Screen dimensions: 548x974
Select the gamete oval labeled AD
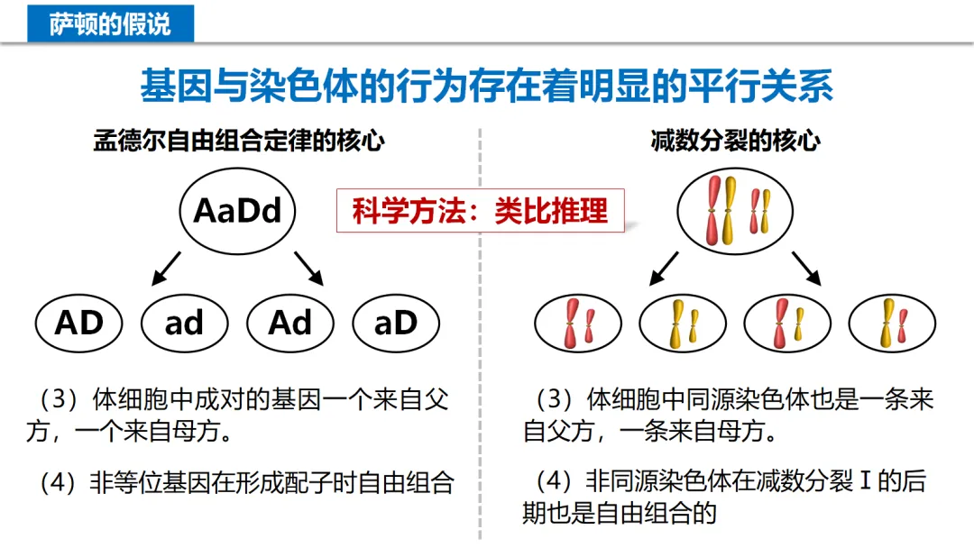click(x=80, y=323)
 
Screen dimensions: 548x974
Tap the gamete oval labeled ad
click(x=185, y=323)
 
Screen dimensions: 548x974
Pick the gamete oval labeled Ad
click(x=289, y=323)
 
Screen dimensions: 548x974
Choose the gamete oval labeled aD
click(x=395, y=323)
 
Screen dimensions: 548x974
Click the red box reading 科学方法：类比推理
click(x=480, y=210)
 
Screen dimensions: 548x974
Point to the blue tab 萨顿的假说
click(x=110, y=22)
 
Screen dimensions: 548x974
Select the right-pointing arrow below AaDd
click(x=308, y=268)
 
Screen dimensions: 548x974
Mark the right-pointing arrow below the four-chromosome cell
click(x=807, y=268)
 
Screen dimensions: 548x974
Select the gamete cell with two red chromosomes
click(x=578, y=323)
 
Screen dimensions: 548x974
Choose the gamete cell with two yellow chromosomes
click(x=683, y=323)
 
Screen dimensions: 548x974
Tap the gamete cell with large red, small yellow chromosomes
click(x=787, y=323)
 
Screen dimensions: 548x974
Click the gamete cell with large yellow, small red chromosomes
click(x=892, y=323)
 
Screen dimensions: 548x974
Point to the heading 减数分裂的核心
click(x=735, y=142)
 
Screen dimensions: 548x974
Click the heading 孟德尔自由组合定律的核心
click(x=239, y=142)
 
